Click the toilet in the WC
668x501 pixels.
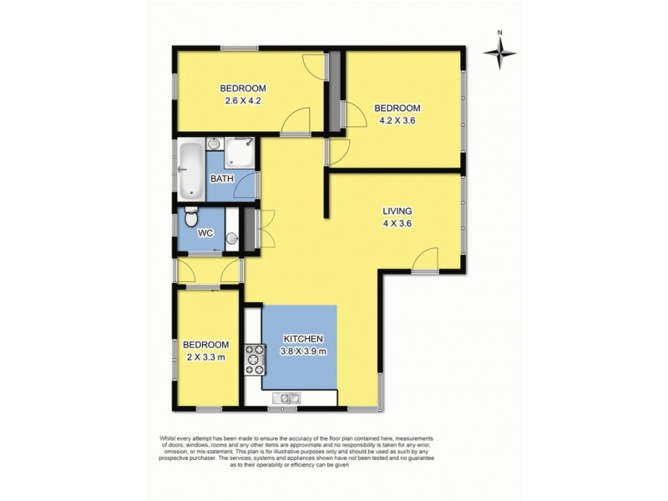(x=191, y=220)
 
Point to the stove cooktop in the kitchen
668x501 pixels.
(x=253, y=360)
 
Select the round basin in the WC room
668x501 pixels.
(x=231, y=239)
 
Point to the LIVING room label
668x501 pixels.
(x=397, y=211)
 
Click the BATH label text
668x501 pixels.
(x=221, y=179)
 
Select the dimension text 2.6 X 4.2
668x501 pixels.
(x=243, y=102)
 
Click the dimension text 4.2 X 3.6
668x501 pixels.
(x=395, y=120)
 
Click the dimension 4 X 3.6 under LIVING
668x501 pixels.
(x=397, y=224)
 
